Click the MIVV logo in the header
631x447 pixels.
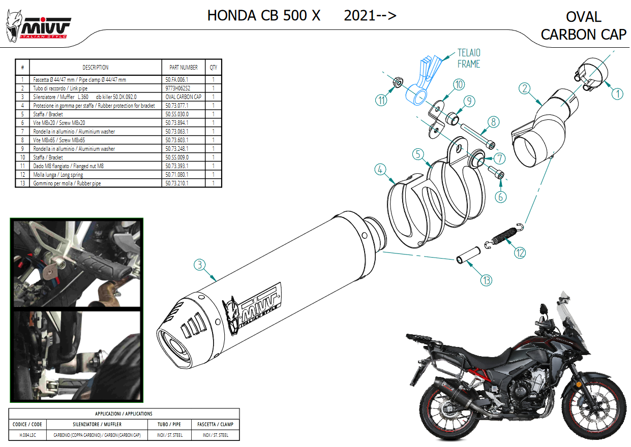tap(38, 26)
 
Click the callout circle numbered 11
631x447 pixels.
tap(381, 100)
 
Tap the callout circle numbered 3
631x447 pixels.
tap(199, 265)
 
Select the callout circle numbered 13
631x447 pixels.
tap(486, 280)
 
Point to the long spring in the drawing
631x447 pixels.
tap(504, 236)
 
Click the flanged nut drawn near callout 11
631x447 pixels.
tap(398, 82)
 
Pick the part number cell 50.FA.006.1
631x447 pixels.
tap(177, 80)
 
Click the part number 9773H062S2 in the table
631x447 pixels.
tap(178, 88)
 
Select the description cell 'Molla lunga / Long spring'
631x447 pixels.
tap(58, 175)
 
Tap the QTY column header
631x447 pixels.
tap(213, 68)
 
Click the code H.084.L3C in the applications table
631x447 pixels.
tap(27, 435)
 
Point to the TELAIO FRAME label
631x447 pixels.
tap(469, 58)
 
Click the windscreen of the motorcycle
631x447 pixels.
tap(569, 318)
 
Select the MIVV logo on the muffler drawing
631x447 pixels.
tap(252, 309)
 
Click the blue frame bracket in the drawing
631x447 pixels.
tap(423, 80)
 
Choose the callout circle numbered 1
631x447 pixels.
tap(617, 94)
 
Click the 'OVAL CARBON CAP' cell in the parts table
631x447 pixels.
tap(184, 97)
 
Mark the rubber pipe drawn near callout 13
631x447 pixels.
tap(468, 255)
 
